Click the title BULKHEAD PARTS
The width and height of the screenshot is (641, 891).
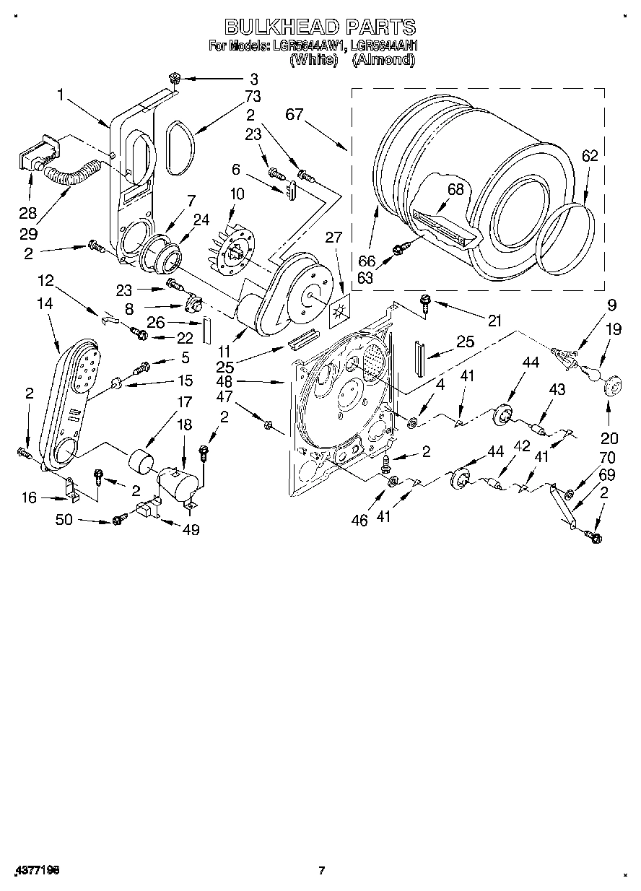[x=320, y=27]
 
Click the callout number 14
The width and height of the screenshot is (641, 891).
[x=45, y=304]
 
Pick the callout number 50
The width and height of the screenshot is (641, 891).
[x=64, y=519]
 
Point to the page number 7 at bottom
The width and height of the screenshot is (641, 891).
[x=322, y=871]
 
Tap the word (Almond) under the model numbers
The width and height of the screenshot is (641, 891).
[x=383, y=61]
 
